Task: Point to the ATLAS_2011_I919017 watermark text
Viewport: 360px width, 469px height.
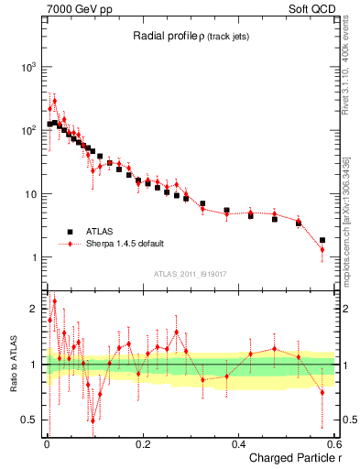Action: pyautogui.click(x=191, y=273)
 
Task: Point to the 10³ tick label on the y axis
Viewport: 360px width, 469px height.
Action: pyautogui.click(x=28, y=67)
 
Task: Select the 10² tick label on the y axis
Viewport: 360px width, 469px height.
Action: pyautogui.click(x=28, y=130)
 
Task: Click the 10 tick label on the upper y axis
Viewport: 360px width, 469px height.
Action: pyautogui.click(x=30, y=194)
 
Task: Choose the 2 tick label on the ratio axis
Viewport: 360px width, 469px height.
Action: pyautogui.click(x=35, y=309)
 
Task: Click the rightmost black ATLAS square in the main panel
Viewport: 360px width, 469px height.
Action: pyautogui.click(x=322, y=240)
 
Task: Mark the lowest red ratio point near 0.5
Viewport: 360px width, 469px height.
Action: pyautogui.click(x=93, y=420)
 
